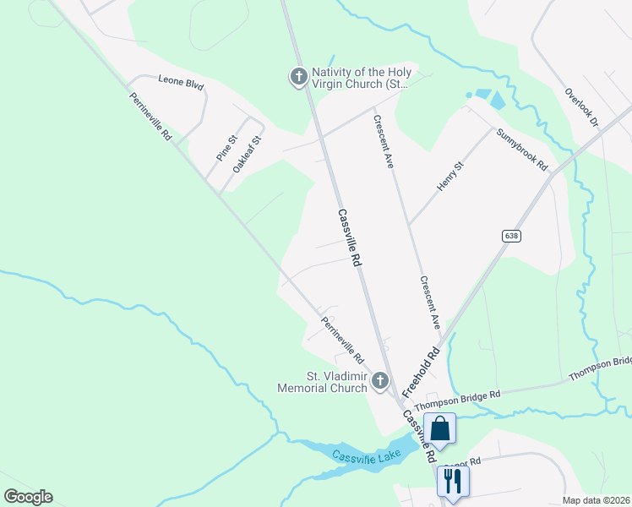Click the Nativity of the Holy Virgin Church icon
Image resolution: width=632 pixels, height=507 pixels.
pos(297,77)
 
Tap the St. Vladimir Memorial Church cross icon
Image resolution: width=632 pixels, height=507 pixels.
pos(379,383)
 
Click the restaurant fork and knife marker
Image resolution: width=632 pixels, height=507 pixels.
pos(452,481)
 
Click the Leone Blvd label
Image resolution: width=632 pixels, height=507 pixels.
pos(182,83)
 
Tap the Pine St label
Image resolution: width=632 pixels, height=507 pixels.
pos(226,148)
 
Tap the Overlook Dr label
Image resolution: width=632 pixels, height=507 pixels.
pos(581,107)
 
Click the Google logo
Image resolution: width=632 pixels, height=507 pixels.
pos(28,497)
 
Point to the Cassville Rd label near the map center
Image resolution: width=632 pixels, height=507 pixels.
pos(349,238)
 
